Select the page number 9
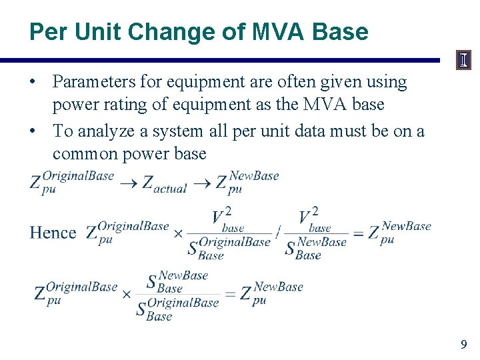click(463, 345)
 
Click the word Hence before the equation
click(53, 233)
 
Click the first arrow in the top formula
click(129, 182)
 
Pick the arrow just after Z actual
click(201, 182)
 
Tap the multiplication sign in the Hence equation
click(178, 233)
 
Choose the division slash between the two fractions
click(279, 233)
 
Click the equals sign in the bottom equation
click(231, 293)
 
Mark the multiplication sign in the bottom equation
click(127, 293)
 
